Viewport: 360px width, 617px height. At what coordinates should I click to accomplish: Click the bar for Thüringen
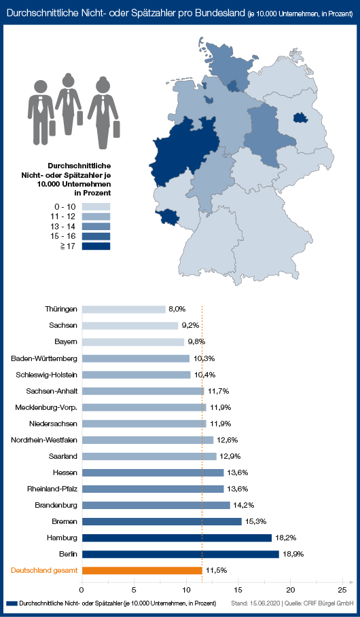[124, 310]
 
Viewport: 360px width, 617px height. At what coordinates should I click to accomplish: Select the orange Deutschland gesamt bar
[142, 570]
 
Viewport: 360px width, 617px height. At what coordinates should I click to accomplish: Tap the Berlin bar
[181, 554]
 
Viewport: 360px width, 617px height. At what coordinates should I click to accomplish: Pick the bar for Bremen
[162, 521]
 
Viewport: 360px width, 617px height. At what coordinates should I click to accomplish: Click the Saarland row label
[63, 456]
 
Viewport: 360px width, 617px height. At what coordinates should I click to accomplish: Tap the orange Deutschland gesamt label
[44, 570]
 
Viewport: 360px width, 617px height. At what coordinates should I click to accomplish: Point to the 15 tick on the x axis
[238, 590]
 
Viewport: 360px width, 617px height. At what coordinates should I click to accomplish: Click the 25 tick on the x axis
[342, 590]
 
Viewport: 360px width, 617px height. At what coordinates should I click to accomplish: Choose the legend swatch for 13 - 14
[96, 226]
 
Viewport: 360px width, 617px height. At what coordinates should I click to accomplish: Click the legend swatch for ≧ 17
[96, 246]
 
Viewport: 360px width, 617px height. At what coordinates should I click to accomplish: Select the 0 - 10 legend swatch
[96, 206]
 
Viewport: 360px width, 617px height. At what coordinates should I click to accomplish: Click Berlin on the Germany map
[300, 117]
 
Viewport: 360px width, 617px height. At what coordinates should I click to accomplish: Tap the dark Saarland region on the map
[166, 217]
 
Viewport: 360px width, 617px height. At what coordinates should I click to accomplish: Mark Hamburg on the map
[234, 86]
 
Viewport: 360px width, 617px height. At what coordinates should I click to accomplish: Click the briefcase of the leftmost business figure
[52, 128]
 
